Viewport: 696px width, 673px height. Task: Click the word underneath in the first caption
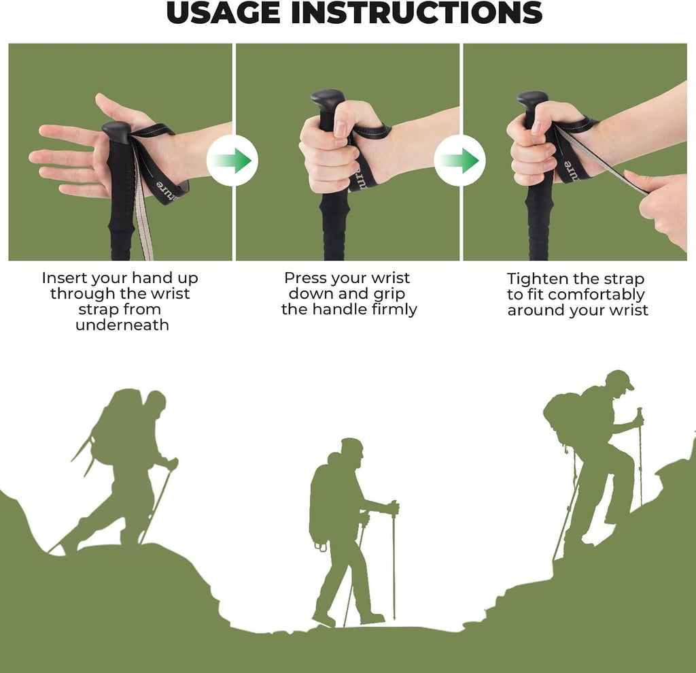122,325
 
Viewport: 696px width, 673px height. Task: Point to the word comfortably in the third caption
597,295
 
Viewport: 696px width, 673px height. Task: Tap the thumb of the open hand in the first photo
118,110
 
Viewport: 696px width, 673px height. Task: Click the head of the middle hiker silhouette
352,450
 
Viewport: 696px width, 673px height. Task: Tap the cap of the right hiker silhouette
621,378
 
